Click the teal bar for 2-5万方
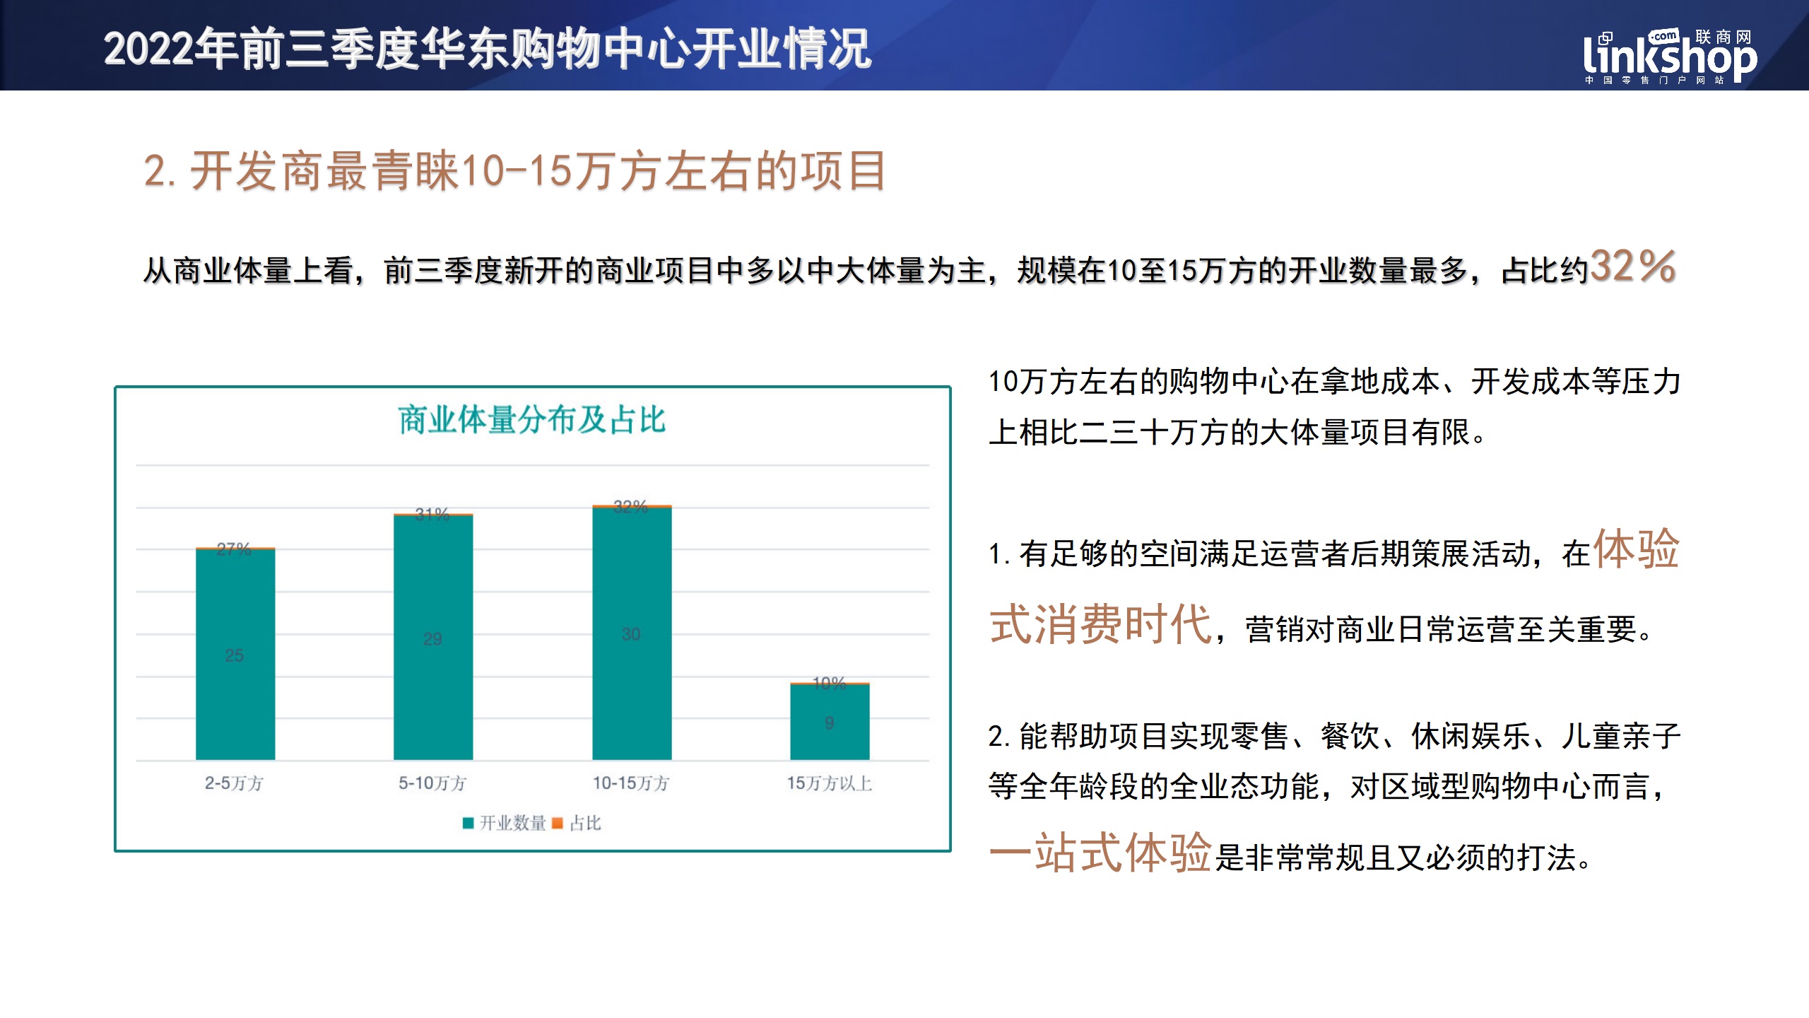click(235, 655)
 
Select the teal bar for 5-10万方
click(433, 638)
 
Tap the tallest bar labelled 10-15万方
click(632, 633)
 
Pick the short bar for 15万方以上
click(830, 722)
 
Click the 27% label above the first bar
click(234, 549)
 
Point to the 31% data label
click(432, 514)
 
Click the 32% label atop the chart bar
click(630, 506)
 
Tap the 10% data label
click(829, 683)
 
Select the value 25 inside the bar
click(235, 655)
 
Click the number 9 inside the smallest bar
click(830, 722)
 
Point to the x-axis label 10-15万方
click(631, 783)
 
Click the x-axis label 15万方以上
click(830, 783)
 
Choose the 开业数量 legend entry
click(505, 823)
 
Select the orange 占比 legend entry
click(577, 823)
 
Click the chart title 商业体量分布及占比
click(532, 419)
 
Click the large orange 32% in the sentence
click(1633, 266)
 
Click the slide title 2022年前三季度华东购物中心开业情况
click(488, 49)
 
